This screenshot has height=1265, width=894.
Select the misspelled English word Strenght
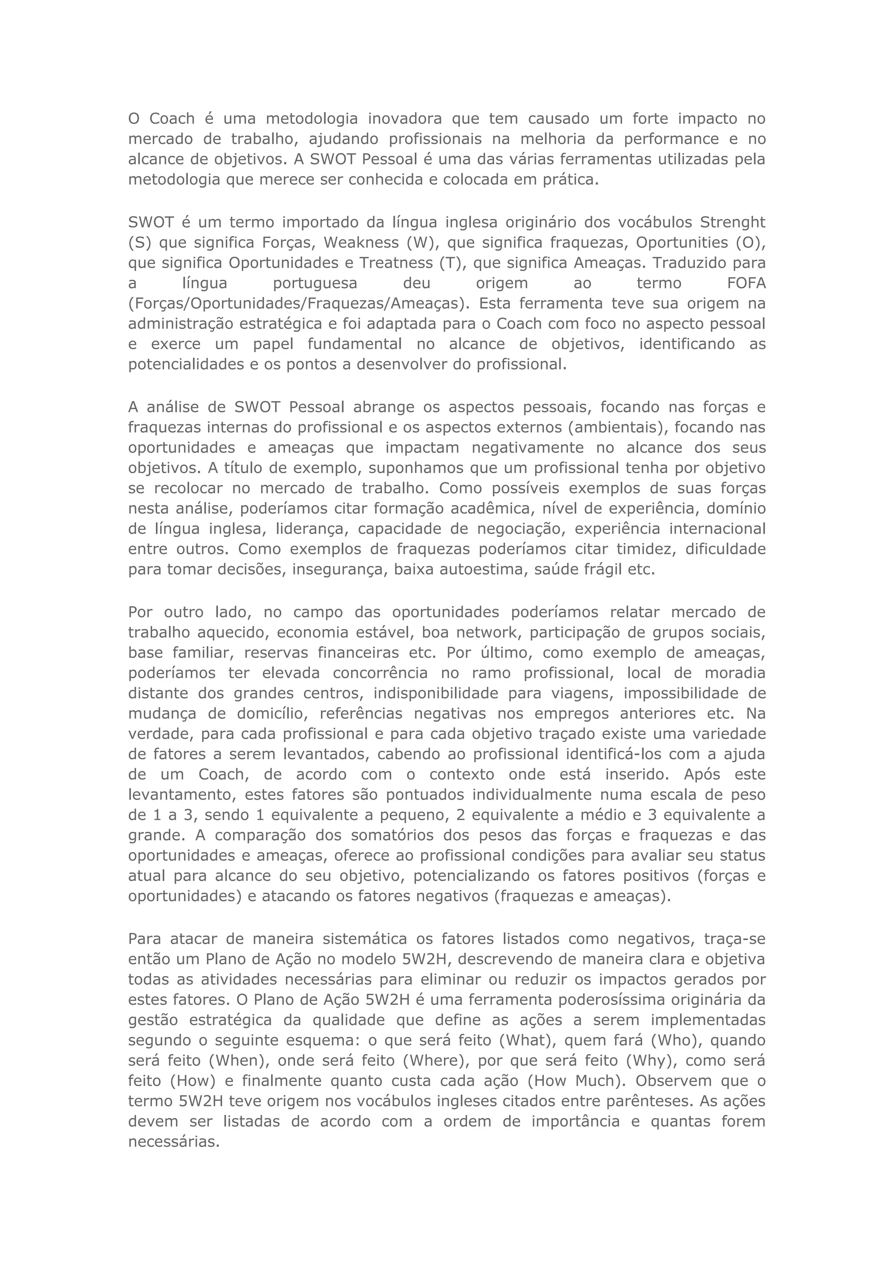click(732, 223)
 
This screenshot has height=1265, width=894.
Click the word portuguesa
click(315, 283)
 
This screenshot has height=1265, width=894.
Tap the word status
click(743, 856)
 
